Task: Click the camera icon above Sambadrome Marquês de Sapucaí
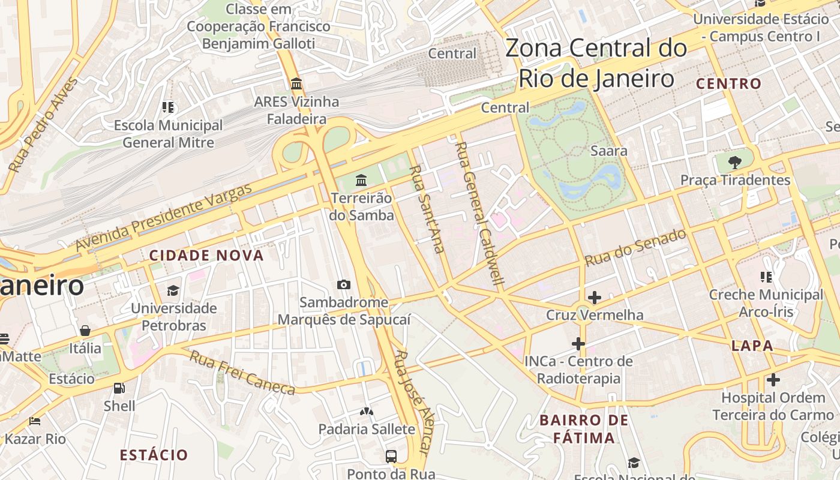tap(344, 284)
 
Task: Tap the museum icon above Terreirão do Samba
tap(361, 180)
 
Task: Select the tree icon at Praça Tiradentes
tap(734, 162)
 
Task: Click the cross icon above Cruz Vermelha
tap(595, 298)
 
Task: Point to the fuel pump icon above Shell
tap(119, 388)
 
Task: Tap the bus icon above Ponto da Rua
tap(391, 457)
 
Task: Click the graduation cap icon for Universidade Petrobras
tap(173, 290)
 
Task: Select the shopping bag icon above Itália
tap(85, 331)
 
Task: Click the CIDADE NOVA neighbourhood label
tap(206, 256)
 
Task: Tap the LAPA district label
tap(752, 346)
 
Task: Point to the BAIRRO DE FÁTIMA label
tap(583, 429)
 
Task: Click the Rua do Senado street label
tap(635, 248)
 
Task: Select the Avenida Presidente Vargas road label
tap(163, 218)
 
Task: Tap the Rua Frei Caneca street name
tap(242, 373)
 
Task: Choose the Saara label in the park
tap(609, 151)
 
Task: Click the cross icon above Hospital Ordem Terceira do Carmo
tap(773, 380)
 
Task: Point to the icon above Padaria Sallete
tap(366, 412)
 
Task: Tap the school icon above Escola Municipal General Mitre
tap(168, 107)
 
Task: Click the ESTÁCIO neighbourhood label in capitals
tap(154, 455)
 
